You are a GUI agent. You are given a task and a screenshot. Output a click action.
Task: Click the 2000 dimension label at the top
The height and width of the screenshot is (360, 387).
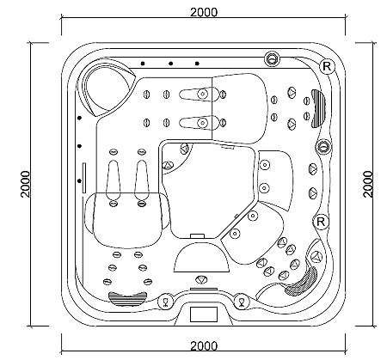pos(204,12)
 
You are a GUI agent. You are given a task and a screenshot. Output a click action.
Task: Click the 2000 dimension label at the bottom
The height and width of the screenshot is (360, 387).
pos(204,346)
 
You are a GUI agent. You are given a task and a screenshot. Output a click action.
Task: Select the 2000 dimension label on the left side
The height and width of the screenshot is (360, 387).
pos(25,184)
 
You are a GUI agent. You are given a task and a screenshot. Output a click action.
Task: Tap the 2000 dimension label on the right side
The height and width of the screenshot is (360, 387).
pos(368,184)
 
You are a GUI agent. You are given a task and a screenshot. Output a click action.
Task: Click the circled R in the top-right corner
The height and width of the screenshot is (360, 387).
pos(327,66)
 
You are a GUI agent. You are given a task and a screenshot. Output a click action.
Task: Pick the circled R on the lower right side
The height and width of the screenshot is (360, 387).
pos(321,222)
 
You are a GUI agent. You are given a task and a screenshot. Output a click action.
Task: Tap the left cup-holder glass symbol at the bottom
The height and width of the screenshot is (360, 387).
pos(166,302)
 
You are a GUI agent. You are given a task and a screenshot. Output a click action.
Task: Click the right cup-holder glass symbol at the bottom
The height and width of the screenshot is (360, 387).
pos(242,302)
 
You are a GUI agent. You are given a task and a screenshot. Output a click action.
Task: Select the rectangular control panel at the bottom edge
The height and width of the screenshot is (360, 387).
pos(204,314)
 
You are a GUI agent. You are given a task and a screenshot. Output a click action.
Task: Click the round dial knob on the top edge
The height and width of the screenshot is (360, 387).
pos(271,58)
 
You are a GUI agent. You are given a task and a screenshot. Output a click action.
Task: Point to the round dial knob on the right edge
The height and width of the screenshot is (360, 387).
pos(323,147)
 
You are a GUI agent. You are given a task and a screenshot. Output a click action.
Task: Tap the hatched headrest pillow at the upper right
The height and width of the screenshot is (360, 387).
pos(318,108)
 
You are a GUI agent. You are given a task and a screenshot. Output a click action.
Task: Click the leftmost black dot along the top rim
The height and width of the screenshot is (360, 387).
pos(143,64)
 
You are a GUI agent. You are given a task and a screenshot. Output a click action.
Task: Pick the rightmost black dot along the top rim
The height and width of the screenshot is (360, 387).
pos(197,64)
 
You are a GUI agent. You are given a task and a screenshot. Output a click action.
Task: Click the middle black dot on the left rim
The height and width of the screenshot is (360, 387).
pos(80,146)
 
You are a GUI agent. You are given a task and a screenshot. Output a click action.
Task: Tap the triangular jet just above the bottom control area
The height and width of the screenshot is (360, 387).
pos(201,279)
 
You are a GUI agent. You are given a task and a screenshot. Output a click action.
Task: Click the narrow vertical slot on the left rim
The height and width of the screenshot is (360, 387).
pos(84,178)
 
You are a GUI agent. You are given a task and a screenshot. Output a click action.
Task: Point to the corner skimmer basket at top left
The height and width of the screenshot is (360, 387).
pos(105,86)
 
